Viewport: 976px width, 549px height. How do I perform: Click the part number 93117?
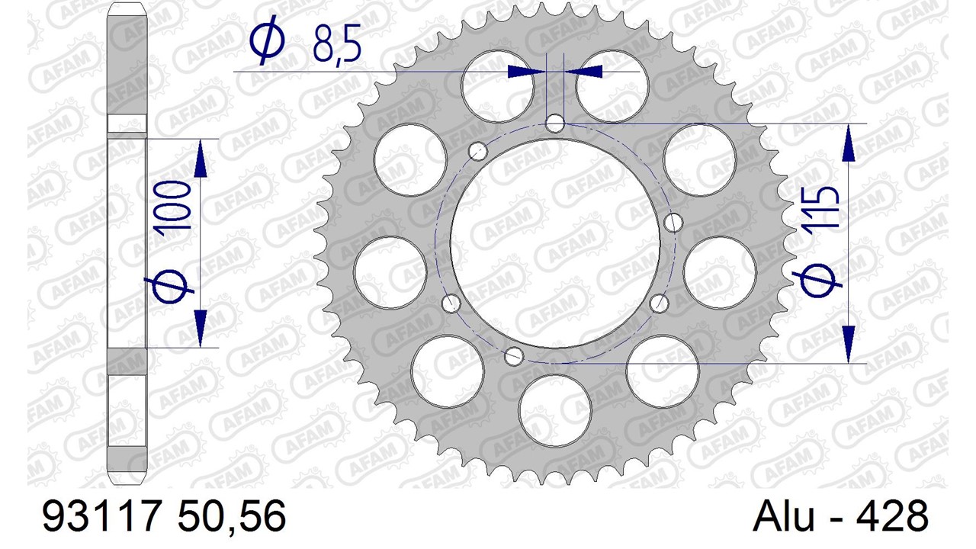click(100, 515)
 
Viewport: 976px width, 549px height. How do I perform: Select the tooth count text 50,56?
click(232, 517)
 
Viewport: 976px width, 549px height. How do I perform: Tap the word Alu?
click(783, 516)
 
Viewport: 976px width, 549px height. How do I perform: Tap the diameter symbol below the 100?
click(170, 286)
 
